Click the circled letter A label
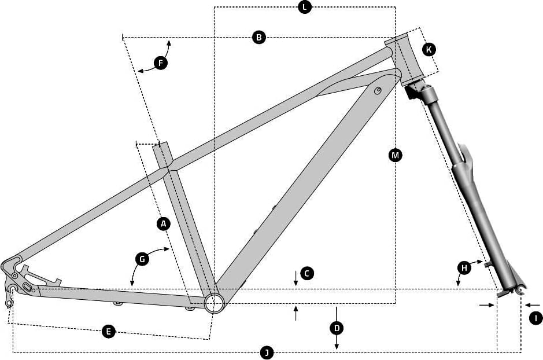click(164, 223)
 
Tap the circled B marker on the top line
click(259, 37)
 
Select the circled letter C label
click(307, 273)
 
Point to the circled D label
click(337, 328)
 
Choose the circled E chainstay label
click(108, 332)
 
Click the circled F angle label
click(160, 63)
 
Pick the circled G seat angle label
click(142, 259)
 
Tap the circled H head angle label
click(464, 267)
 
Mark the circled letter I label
click(536, 318)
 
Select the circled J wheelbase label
click(267, 353)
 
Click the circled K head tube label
click(429, 49)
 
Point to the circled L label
click(305, 7)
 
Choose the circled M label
click(395, 155)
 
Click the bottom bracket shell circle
click(213, 303)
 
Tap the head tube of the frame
click(405, 59)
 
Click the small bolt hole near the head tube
click(378, 90)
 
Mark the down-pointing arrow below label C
click(295, 278)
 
